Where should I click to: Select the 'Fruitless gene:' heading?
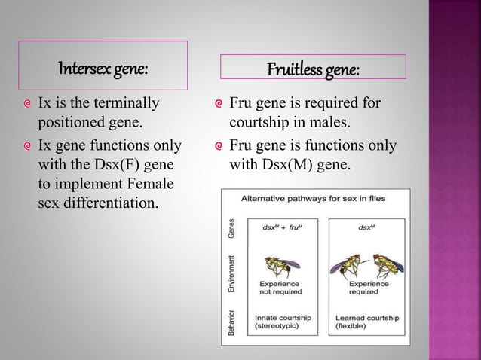(x=313, y=70)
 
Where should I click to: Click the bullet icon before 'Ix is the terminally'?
(x=28, y=104)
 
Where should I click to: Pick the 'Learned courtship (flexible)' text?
(x=367, y=322)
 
